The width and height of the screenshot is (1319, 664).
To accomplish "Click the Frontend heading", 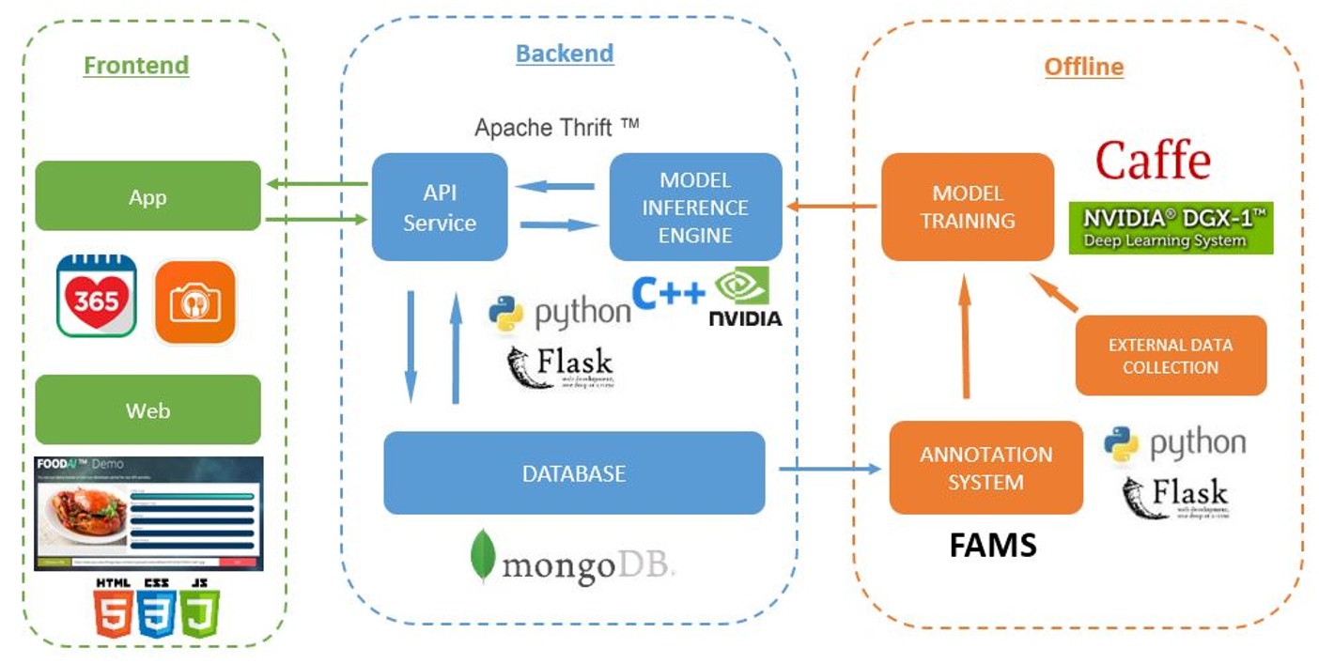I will coord(136,65).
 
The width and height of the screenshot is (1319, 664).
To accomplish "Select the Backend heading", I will coord(565,53).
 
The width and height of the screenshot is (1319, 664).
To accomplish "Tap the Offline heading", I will coord(1083,67).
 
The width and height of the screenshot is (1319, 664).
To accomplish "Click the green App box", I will coord(147,196).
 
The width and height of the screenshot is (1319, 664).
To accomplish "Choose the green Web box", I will coord(147,410).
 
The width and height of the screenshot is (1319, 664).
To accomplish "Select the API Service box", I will coord(439,208).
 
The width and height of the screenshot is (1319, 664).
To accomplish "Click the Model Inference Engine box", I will coord(695,208).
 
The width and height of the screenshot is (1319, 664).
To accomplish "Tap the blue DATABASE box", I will coord(574,473).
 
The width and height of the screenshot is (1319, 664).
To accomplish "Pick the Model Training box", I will coord(967,208).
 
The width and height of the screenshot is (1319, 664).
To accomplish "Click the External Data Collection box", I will coord(1171,356).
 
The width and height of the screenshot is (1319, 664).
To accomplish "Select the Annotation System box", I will coord(985,468).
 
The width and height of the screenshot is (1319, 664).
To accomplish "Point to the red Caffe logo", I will coord(1153,160).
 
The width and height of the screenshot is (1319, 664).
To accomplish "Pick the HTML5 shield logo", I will coord(113,610).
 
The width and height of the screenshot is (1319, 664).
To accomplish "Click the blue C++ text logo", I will coord(667,292).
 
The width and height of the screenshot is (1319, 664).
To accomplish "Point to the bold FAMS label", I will coord(993,545).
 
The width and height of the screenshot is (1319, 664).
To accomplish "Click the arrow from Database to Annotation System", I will coord(827,468).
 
